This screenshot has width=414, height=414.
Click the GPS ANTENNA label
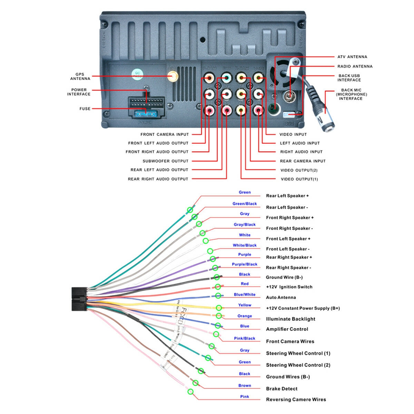(80, 76)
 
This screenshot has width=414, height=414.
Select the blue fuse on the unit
(145, 114)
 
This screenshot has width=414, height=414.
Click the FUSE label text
(85, 109)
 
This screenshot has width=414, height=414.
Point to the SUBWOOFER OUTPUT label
(166, 161)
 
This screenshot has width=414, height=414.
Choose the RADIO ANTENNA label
(355, 66)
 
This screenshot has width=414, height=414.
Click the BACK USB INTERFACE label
(349, 78)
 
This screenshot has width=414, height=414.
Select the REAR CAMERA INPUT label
(303, 161)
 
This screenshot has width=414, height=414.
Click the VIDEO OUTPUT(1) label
(299, 179)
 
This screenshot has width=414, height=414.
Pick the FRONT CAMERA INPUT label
(165, 135)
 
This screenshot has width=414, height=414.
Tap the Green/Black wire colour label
(245, 204)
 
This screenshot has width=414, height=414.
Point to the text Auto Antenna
(281, 297)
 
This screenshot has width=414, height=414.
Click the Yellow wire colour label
(245, 305)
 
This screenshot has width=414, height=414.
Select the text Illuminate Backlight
(290, 319)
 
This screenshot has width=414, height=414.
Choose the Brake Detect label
(282, 389)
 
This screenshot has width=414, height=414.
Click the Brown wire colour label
(245, 386)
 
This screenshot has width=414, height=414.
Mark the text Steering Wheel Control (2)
(298, 365)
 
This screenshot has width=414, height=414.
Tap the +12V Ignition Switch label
(289, 287)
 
